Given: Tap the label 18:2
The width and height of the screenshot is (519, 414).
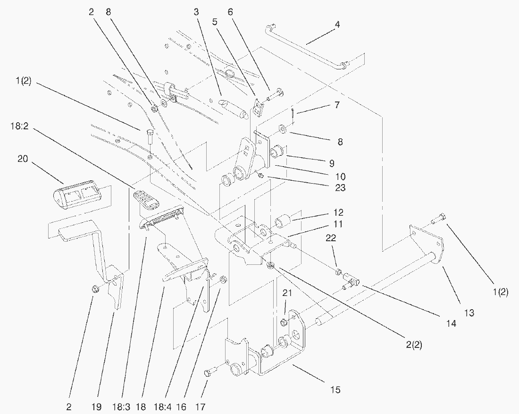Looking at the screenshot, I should [18, 127].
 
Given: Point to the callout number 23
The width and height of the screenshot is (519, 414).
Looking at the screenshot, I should [340, 188].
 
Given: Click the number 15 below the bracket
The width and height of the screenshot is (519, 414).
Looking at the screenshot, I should [335, 389].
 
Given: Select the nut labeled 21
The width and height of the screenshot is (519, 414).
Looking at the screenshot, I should [285, 322].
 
